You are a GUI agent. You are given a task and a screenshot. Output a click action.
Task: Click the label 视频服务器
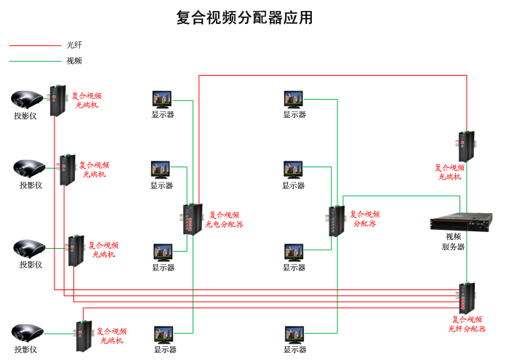click(453, 241)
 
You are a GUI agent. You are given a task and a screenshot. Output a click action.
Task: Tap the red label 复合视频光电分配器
click(224, 220)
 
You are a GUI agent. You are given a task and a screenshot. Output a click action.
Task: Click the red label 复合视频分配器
click(364, 219)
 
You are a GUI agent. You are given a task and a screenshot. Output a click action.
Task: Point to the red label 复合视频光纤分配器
click(467, 324)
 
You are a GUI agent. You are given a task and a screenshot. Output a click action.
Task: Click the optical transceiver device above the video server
click(465, 145)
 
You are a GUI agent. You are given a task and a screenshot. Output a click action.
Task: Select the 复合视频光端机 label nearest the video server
click(450, 172)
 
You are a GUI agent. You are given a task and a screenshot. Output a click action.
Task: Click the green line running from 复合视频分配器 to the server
click(407, 195)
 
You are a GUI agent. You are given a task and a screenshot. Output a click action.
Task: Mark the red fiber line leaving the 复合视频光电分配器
click(199, 131)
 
